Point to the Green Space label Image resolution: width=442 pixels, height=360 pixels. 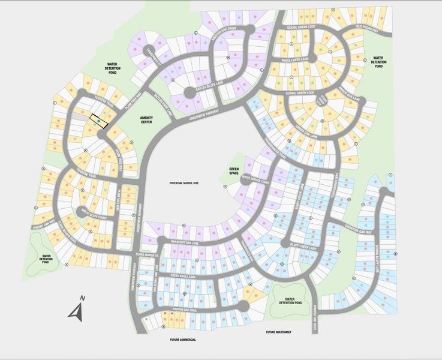point(234,172)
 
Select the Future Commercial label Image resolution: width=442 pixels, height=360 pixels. point(183,340)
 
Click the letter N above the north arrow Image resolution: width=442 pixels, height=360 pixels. point(83,298)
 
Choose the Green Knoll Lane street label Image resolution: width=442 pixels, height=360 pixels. point(184,276)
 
